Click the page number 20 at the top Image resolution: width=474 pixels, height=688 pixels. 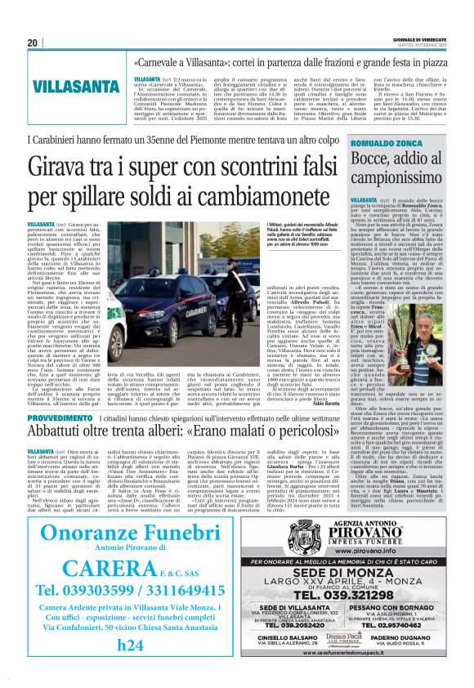34,42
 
